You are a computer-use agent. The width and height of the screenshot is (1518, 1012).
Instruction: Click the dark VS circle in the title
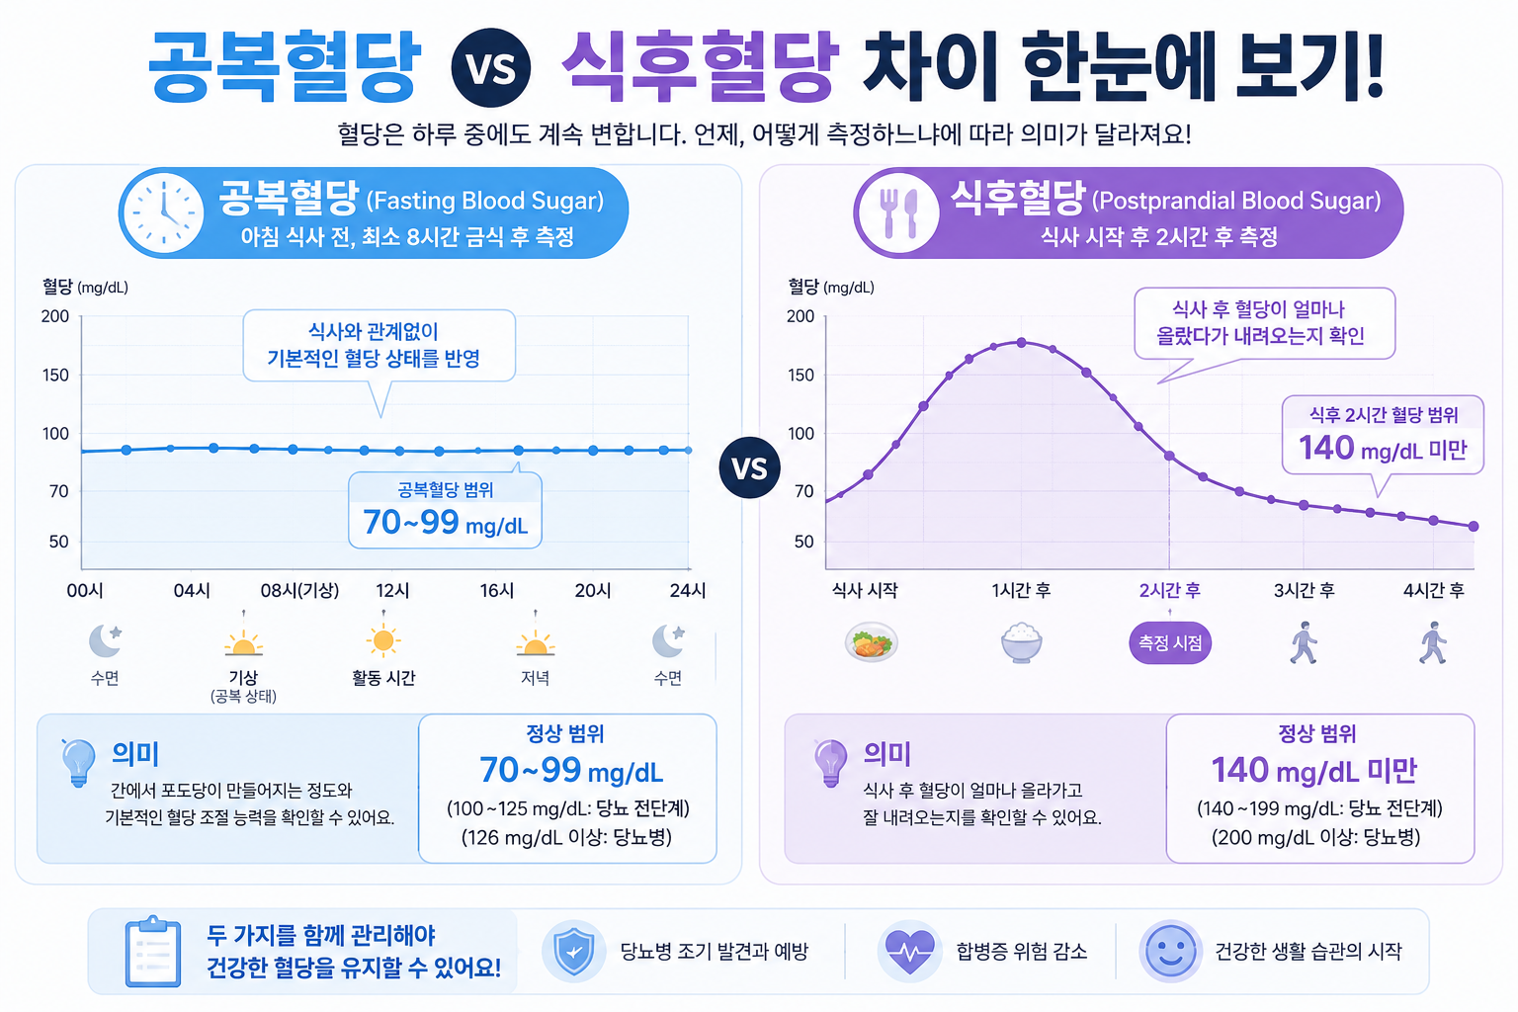point(490,68)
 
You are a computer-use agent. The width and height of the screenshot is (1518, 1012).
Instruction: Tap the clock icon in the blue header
point(163,212)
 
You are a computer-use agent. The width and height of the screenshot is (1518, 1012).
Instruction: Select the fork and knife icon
point(898,212)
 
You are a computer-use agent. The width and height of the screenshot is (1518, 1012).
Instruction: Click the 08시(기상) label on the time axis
point(299,590)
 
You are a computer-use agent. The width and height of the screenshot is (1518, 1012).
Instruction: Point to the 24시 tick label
point(687,590)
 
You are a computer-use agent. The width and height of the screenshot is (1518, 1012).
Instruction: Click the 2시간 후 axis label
point(1170,590)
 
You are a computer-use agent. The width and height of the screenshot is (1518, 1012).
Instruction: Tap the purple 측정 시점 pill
point(1170,642)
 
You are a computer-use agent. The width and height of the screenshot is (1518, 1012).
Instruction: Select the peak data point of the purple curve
point(1021,342)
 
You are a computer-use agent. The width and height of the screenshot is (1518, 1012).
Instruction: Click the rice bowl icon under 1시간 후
point(1021,642)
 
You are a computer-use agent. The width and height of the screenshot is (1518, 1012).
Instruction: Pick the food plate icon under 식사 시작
point(872,642)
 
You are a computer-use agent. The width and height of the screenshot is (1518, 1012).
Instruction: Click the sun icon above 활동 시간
point(383,640)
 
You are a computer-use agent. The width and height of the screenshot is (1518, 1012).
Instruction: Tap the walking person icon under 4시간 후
point(1433,642)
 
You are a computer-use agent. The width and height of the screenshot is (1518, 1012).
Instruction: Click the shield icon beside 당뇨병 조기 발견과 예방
point(574,951)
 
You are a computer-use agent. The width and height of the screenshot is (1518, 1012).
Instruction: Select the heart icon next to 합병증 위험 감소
point(909,952)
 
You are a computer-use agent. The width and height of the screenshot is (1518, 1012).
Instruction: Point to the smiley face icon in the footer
point(1170,951)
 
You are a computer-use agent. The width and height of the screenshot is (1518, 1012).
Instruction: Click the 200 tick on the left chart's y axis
point(55,316)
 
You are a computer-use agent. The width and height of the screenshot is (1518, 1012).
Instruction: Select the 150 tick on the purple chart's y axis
point(801,375)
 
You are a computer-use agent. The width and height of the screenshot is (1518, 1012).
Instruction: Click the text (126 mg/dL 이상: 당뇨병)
point(566,838)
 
